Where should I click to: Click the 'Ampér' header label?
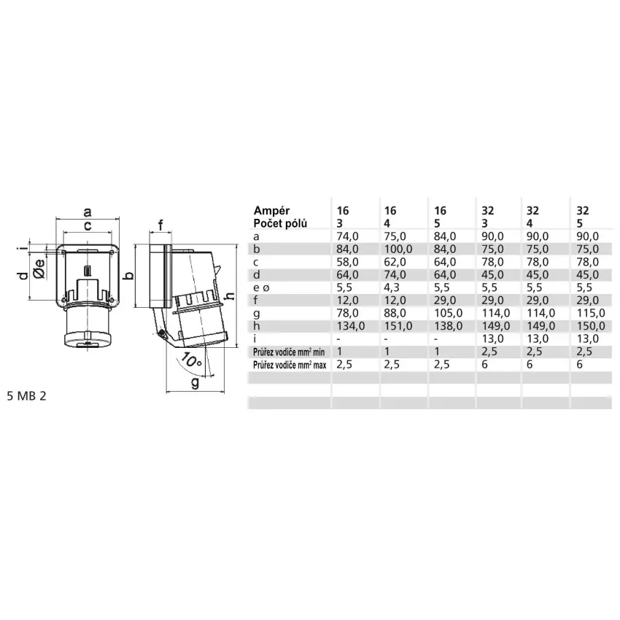(x=271, y=211)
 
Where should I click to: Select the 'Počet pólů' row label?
(x=280, y=223)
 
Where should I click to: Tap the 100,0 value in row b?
(x=398, y=249)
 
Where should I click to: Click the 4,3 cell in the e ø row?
(x=392, y=287)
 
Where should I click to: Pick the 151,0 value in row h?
(x=398, y=326)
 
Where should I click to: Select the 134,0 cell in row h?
(x=351, y=326)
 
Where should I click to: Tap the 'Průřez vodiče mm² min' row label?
(x=289, y=352)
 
